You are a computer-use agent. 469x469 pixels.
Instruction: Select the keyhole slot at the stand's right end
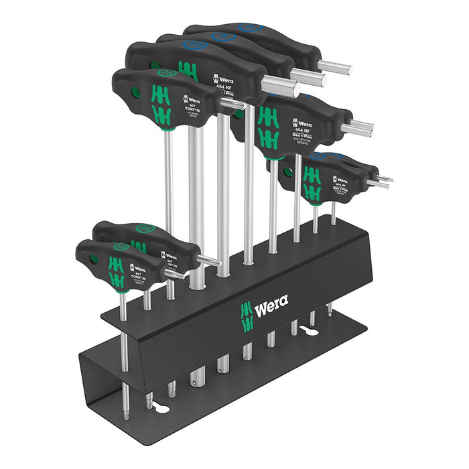310,330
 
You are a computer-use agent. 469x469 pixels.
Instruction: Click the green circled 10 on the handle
121,247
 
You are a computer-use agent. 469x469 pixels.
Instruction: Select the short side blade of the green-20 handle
208,260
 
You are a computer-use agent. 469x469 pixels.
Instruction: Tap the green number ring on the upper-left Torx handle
165,72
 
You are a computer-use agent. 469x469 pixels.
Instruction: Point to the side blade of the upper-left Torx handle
232,103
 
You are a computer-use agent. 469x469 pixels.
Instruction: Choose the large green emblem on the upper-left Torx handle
161,104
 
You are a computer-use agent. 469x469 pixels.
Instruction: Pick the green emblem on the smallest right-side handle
311,184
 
